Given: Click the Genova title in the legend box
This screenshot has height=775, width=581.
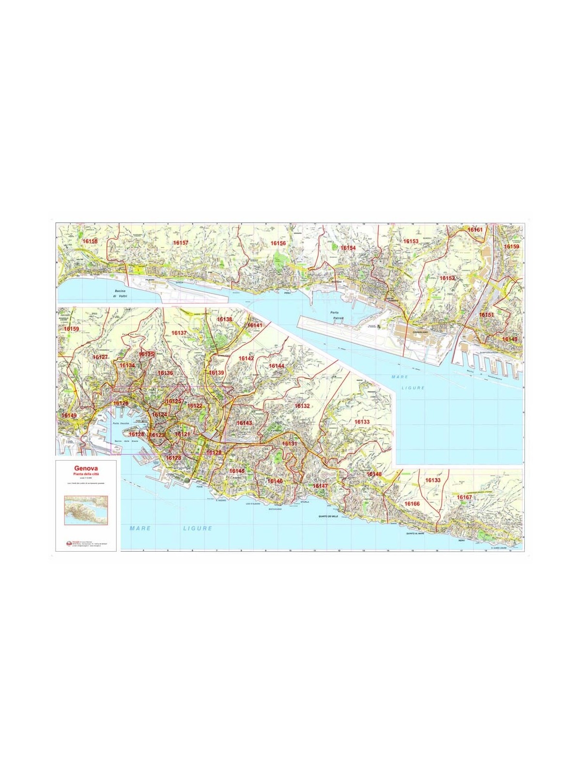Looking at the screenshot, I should point(85,468).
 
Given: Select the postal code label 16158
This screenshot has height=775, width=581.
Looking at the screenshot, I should point(90,241).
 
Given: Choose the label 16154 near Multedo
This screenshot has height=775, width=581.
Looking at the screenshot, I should point(348,248).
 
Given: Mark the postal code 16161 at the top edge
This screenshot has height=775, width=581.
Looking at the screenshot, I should point(475,229).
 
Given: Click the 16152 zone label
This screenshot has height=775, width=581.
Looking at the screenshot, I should point(447,278).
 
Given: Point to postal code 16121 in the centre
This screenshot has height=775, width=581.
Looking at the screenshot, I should point(183,434).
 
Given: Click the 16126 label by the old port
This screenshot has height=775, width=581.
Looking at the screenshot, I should point(121,403).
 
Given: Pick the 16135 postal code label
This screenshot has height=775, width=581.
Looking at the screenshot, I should point(146,354).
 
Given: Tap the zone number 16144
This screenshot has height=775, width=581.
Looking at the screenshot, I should point(276,366).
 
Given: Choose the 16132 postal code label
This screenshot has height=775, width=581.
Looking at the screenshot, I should point(302,405).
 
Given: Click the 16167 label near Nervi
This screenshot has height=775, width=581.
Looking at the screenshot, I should point(464,497).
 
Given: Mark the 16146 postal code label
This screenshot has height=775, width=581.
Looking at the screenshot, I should point(275,481).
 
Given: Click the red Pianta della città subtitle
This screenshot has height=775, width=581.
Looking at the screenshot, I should point(85,474).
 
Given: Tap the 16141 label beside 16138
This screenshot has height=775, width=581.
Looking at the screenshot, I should point(254,325).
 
